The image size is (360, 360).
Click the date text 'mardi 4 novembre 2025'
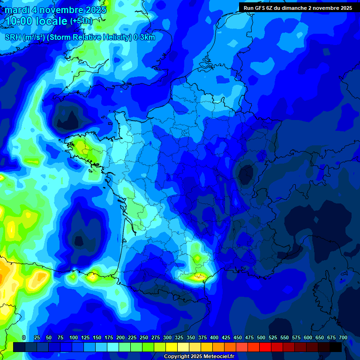click(x=56, y=9)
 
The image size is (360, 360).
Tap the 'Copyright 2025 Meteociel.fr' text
click(x=199, y=356)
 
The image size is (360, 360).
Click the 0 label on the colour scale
click(x=24, y=337)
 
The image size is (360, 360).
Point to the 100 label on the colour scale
click(x=74, y=337)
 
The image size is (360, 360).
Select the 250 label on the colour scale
click(x=144, y=337)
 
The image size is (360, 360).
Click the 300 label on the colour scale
click(x=167, y=337)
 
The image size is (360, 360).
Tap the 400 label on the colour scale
click(x=214, y=337)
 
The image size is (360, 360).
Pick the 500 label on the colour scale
click(x=261, y=337)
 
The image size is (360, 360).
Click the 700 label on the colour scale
click(x=343, y=337)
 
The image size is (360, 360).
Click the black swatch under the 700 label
click(x=336, y=347)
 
